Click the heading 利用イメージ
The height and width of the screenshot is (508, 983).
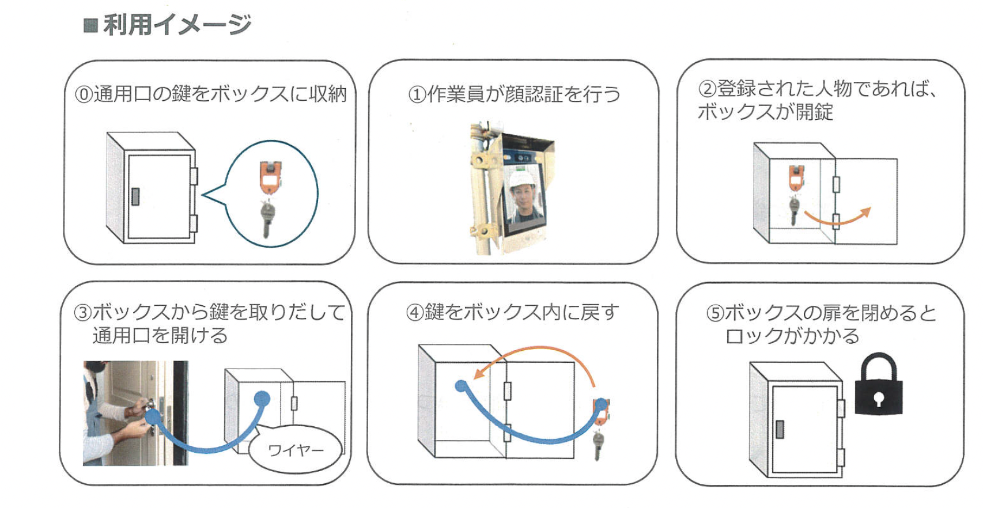(x=177, y=25)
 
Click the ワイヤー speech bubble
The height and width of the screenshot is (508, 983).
(x=296, y=449)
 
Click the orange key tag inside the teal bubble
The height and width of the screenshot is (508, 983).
(x=270, y=178)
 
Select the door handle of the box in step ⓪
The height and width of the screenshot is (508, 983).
(x=135, y=196)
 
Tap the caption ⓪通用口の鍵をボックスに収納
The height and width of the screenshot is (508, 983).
(x=211, y=93)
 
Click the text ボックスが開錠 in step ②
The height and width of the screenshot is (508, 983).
(x=765, y=112)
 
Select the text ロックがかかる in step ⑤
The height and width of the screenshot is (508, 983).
(x=792, y=336)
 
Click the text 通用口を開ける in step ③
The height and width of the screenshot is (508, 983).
(x=160, y=335)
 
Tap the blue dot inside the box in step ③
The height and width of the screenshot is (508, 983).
(x=262, y=398)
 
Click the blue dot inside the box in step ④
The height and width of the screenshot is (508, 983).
(x=461, y=386)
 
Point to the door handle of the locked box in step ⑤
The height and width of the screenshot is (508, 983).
(x=780, y=430)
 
